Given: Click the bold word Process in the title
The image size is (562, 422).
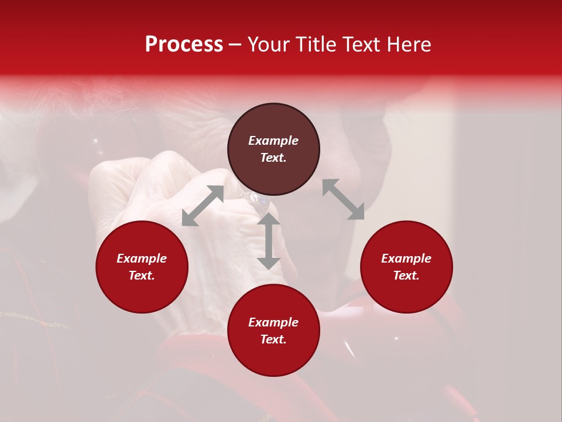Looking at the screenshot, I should point(184,45).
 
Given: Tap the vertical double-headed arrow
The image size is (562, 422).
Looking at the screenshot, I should point(269,241).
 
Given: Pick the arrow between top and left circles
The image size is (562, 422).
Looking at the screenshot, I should point(203,206).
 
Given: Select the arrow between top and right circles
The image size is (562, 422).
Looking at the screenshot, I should point(344,199).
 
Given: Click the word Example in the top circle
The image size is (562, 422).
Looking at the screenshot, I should point(273,141).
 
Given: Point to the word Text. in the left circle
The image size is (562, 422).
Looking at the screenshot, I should point(142,275).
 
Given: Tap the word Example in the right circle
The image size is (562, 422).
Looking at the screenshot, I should point(406,258).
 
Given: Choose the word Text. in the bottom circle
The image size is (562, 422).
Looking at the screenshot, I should point(273,339).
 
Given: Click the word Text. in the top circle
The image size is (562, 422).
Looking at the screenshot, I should point(273,158).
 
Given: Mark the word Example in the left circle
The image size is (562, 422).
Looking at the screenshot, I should point(142,258).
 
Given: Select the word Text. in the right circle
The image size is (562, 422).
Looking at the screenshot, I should point(406,275).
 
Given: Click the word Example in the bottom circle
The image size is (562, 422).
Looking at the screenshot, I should point(273,322).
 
